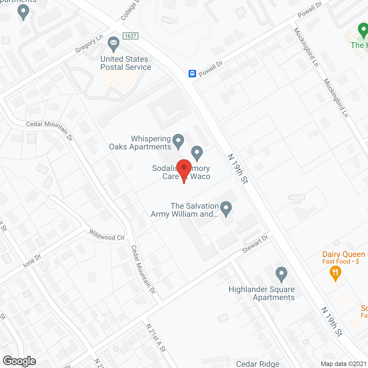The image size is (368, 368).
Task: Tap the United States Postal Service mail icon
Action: coord(114,43)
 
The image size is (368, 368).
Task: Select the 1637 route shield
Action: coord(130,36)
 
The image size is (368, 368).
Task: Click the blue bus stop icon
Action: coord(192,74)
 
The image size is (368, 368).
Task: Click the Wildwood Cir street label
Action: coord(107,235)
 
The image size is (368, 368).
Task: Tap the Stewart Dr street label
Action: coord(255,244)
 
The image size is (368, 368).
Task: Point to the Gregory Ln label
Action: coord(89,44)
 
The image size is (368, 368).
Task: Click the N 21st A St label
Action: coord(156,338)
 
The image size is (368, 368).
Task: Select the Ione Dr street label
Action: coord(32,261)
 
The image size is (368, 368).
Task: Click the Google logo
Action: coord(20,361)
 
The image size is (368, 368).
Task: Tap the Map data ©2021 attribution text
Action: coord(344,364)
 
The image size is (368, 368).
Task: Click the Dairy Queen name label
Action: coord(344,254)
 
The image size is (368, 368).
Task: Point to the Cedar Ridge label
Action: coord(258,364)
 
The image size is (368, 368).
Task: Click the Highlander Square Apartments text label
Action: coord(262,293)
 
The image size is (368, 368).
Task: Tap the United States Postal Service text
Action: coord(126,63)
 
